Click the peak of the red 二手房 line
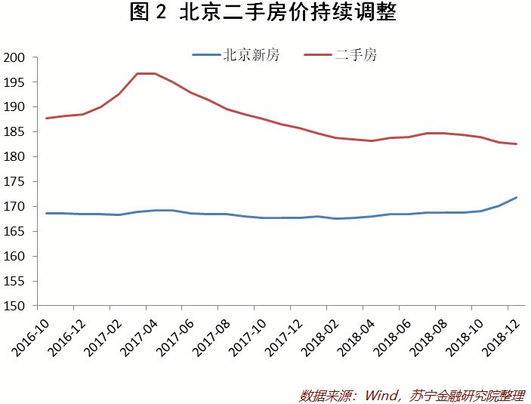coord(147,73)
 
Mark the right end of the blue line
coord(516,197)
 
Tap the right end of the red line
coord(516,143)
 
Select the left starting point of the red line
coord(47,119)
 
